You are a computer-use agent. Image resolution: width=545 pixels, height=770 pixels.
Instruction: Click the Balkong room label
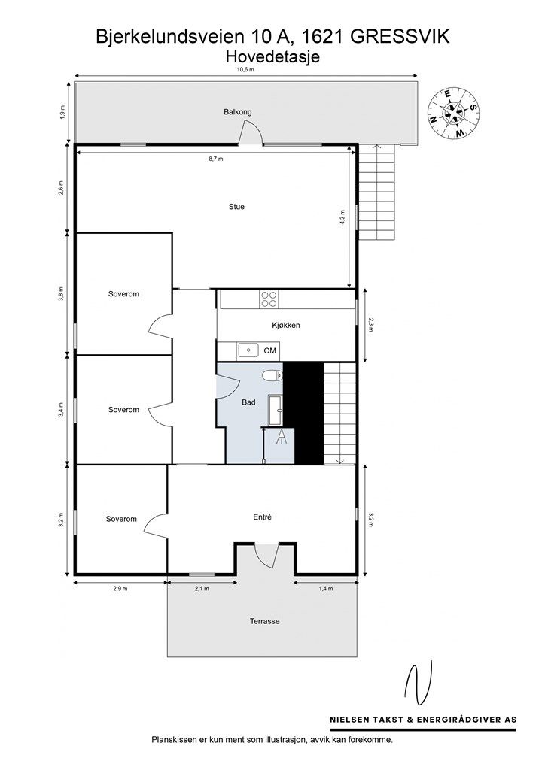[x=237, y=112]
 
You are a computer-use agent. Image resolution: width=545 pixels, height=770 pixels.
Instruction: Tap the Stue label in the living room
[x=236, y=207]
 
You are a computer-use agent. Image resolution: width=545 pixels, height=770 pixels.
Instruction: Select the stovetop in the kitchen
[x=269, y=299]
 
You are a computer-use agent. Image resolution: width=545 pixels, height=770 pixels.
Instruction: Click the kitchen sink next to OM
[x=248, y=350]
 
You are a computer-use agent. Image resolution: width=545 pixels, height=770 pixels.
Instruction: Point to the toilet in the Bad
[x=272, y=376]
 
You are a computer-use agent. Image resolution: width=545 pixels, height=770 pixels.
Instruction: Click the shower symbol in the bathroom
[x=282, y=437]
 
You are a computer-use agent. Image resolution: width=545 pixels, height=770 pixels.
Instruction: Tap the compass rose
[x=453, y=114]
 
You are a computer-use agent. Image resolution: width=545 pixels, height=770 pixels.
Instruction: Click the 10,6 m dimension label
[x=245, y=70]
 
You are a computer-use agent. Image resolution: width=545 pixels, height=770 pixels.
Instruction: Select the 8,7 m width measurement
[x=216, y=159]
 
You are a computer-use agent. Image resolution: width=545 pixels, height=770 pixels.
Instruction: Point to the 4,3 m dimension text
[x=343, y=217]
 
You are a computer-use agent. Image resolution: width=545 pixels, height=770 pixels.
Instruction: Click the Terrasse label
[x=264, y=621]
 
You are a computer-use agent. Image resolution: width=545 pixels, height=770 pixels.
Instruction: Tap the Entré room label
[x=263, y=517]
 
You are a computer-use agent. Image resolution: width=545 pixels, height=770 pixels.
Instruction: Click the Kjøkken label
[x=286, y=325]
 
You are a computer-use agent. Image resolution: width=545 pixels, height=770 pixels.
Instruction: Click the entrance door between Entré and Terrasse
[x=266, y=553]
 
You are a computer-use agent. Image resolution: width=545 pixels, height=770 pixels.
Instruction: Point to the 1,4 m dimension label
[x=326, y=588]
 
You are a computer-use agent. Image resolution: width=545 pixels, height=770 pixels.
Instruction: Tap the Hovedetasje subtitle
[x=272, y=57]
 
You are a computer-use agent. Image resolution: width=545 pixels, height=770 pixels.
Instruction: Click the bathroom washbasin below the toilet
[x=275, y=410]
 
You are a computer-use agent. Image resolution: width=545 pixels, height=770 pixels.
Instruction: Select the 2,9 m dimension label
[x=120, y=588]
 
